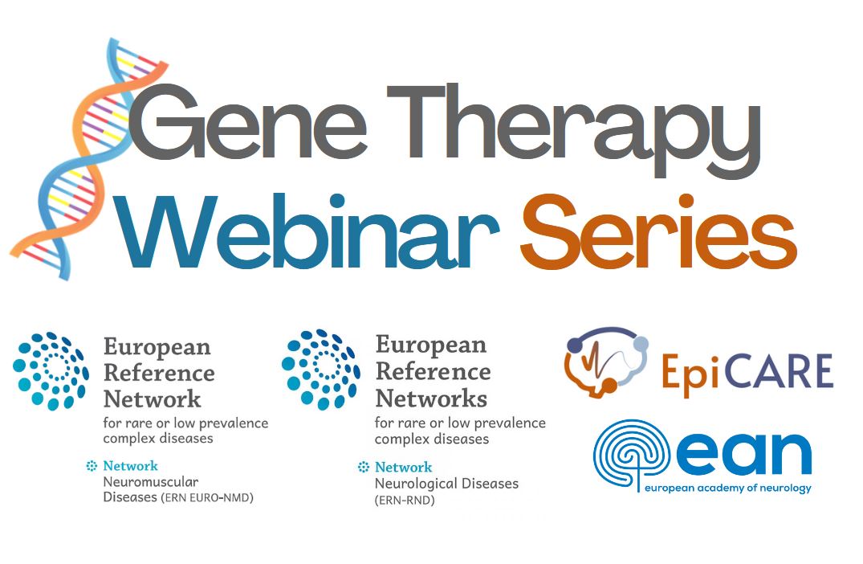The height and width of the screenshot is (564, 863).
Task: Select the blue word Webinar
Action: point(309,231)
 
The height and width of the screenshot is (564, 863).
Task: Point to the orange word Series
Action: point(658,231)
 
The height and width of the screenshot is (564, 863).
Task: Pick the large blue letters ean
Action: point(744,455)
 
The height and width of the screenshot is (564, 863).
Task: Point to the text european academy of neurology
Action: point(727,488)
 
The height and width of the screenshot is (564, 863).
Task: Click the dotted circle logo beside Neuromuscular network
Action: point(51,370)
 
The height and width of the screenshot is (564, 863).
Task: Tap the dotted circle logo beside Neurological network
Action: point(321,369)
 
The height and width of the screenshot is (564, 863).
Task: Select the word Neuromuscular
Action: point(151,482)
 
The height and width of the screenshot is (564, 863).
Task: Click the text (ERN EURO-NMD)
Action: point(207,498)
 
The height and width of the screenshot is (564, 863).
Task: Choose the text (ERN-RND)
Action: point(405,501)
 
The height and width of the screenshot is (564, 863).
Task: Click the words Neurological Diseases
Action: point(446,484)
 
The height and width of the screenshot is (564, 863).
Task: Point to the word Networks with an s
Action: point(432,398)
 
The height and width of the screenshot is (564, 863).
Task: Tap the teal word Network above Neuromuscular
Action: point(130,466)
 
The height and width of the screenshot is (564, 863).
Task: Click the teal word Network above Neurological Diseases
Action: point(404,467)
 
